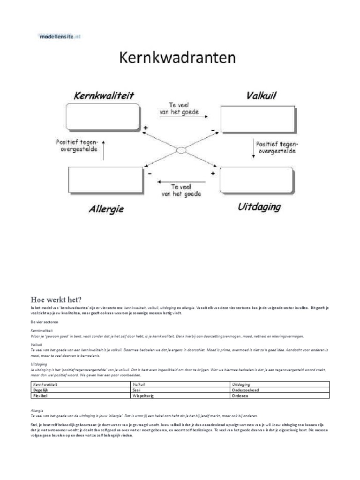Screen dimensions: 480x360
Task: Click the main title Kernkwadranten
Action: tap(177, 59)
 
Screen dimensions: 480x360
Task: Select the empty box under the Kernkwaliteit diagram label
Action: tap(103, 118)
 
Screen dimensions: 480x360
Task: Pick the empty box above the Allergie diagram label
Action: tap(104, 180)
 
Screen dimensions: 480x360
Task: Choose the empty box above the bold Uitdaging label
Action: tap(255, 180)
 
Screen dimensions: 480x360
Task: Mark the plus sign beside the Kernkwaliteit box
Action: tap(146, 127)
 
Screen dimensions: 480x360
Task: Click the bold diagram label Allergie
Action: tap(106, 209)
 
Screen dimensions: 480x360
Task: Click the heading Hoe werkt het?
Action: tap(56, 300)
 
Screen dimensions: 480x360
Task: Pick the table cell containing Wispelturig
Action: tap(180, 396)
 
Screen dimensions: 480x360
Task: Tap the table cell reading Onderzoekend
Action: tap(280, 390)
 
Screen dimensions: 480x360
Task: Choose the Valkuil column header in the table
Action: tap(180, 384)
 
